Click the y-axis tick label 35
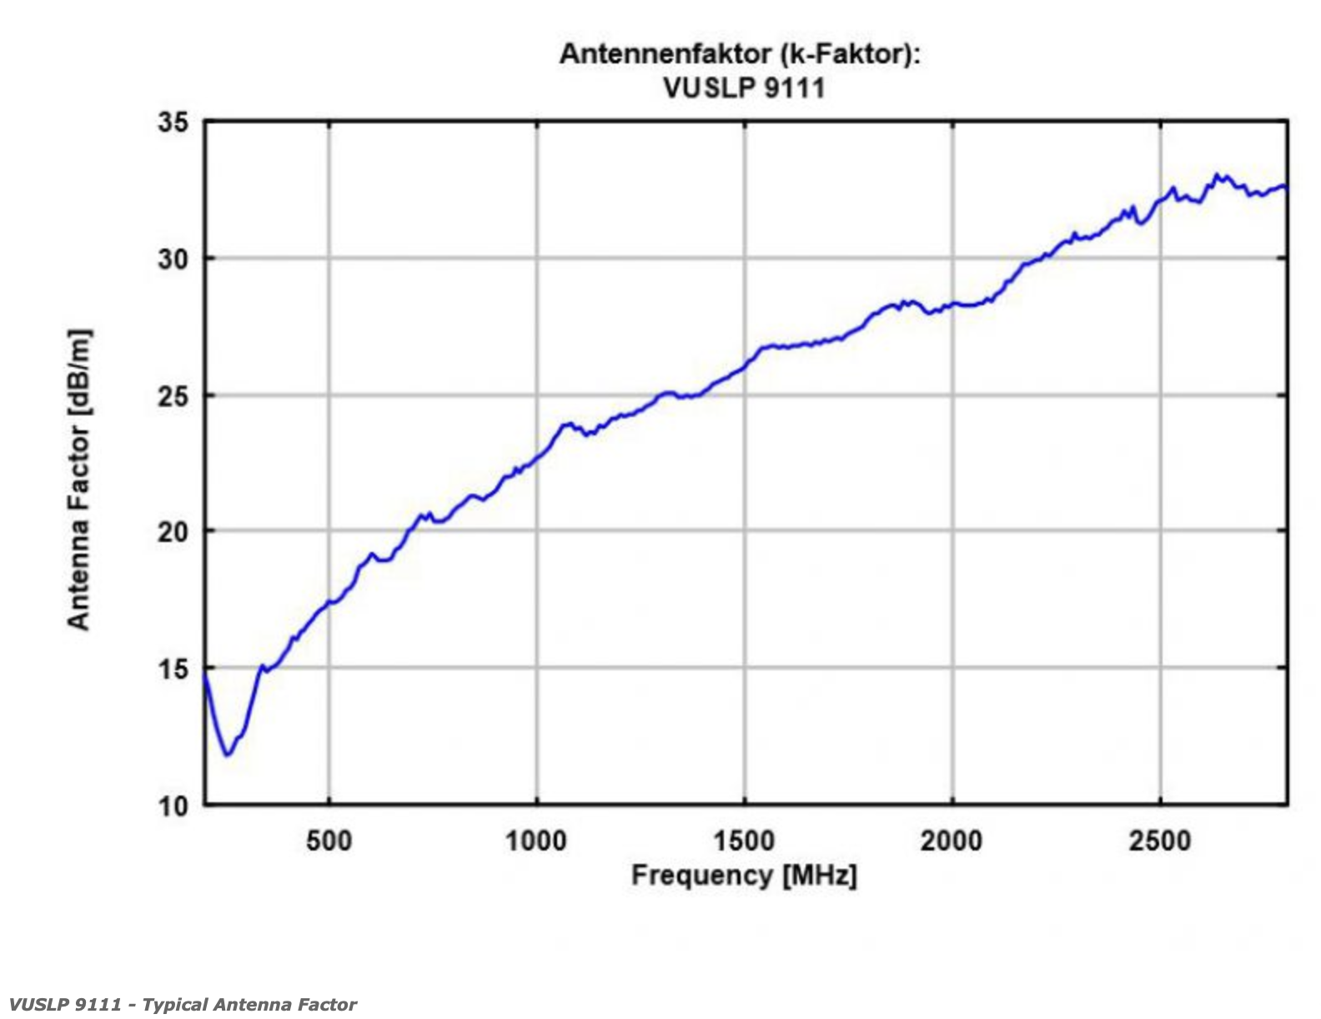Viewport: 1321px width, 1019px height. click(x=173, y=123)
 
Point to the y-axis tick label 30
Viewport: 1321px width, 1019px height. click(x=173, y=259)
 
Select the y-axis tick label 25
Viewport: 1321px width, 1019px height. click(x=173, y=396)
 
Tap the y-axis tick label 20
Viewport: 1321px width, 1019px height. click(x=173, y=532)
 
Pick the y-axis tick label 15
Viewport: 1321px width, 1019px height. click(x=173, y=669)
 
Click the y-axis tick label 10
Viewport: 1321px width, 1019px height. click(x=173, y=806)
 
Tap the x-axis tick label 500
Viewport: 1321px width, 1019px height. click(x=329, y=841)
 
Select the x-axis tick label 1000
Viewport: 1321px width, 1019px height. click(x=535, y=841)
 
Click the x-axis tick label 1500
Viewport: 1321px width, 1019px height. click(x=744, y=841)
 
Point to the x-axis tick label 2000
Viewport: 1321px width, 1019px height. click(x=952, y=841)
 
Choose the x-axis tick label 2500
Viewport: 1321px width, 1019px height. click(x=1159, y=841)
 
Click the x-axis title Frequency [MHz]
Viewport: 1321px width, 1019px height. click(x=744, y=876)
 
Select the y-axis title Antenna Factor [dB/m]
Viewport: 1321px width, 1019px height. click(x=78, y=479)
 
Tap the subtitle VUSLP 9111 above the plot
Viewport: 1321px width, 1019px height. click(x=744, y=88)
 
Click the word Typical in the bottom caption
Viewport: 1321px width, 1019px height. click(x=177, y=1004)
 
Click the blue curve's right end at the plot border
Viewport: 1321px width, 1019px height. click(x=1286, y=187)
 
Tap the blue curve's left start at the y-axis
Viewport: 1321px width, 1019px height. click(x=206, y=677)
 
